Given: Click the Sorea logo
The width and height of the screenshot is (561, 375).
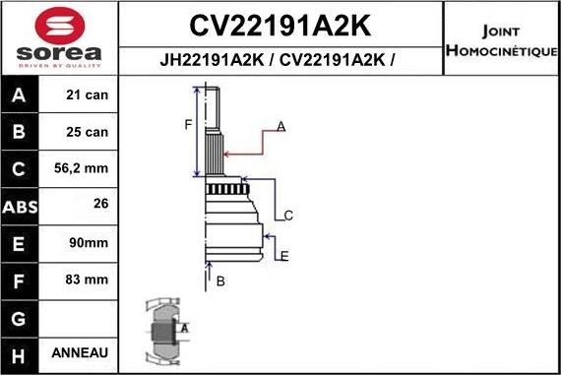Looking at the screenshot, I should [x=58, y=37].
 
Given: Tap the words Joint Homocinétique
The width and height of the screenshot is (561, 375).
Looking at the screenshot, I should [x=501, y=39].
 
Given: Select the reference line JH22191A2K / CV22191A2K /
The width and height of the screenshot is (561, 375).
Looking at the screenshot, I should [x=280, y=60].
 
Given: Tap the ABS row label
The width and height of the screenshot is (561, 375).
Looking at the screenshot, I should [x=21, y=207].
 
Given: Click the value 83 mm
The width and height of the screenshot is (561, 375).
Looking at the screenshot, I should [x=88, y=280].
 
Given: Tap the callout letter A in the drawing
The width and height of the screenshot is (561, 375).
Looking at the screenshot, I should [x=280, y=127].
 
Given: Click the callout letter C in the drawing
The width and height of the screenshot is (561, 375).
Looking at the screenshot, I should [x=288, y=216].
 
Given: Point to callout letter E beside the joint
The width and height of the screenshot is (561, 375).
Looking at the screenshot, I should [x=284, y=257].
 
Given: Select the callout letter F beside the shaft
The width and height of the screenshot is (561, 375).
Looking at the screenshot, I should [x=187, y=123].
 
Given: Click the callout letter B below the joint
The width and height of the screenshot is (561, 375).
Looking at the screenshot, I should [x=220, y=281].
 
